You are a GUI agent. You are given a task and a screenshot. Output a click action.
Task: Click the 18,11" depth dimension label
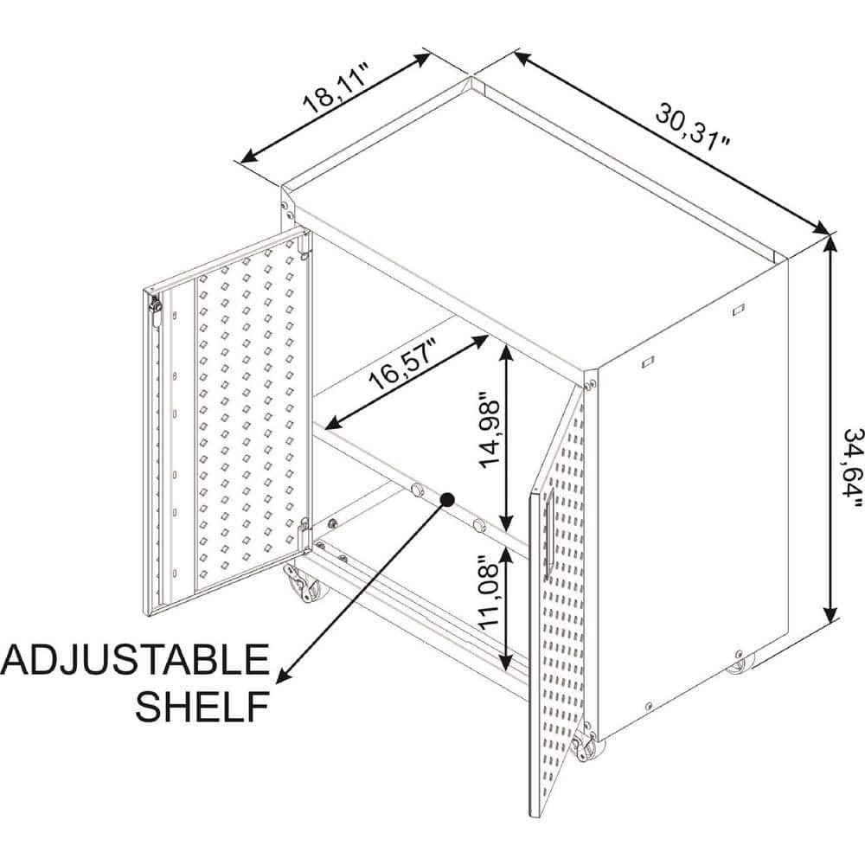[x=336, y=88]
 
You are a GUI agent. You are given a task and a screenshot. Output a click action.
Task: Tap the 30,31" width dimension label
[x=694, y=126]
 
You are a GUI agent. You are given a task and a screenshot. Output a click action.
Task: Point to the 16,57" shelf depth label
[x=404, y=363]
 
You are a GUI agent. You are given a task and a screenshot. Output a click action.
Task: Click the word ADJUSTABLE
[x=135, y=659]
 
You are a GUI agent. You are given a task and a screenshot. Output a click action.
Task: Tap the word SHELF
[x=202, y=706]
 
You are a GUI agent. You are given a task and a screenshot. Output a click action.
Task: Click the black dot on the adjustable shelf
[x=447, y=499]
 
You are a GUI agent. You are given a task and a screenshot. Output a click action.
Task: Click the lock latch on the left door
[x=156, y=311]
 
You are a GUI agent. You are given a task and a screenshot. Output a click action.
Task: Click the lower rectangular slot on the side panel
[x=648, y=362]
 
